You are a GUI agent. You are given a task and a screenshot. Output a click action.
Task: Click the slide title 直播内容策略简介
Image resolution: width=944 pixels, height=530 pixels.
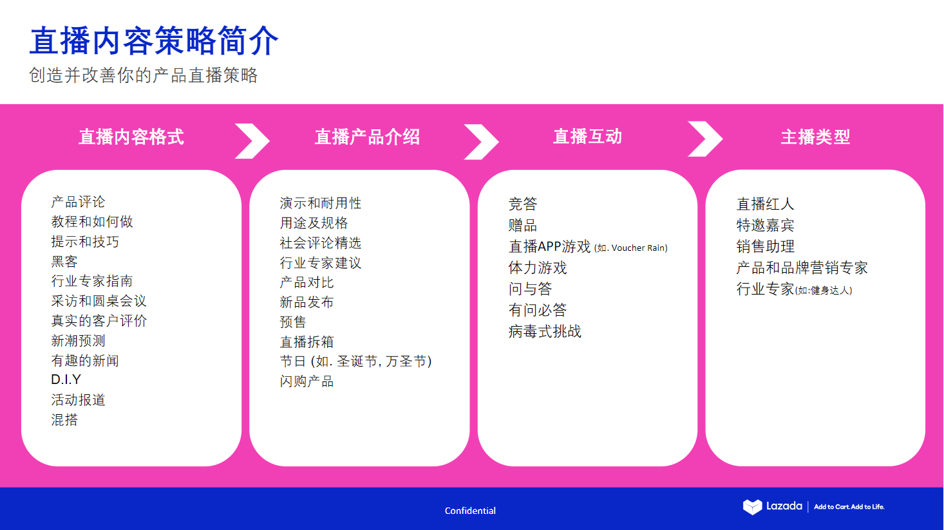tap(154, 41)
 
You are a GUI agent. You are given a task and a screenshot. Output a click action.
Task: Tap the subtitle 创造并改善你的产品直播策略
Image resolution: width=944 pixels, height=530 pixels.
tap(143, 75)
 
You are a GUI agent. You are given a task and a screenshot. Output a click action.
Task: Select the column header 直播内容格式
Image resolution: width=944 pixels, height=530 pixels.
tap(131, 137)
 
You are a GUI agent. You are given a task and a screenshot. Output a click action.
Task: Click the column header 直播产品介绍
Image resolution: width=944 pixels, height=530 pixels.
tap(367, 137)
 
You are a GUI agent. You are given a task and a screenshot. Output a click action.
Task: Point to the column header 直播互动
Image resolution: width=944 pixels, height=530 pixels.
tap(587, 136)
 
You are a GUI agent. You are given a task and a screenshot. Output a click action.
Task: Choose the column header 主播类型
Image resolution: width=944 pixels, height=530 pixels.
tap(815, 137)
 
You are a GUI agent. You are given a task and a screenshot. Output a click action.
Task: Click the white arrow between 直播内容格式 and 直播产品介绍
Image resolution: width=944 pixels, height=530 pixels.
tap(252, 140)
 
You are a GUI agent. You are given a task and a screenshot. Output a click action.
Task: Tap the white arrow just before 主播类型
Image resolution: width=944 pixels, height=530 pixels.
tap(705, 138)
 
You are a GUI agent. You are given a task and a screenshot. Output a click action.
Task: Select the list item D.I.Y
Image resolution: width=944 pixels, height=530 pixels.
tap(66, 379)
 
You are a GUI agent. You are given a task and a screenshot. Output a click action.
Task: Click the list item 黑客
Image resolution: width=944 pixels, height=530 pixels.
tap(64, 262)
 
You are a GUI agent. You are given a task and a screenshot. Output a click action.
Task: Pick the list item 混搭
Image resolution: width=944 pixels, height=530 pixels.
tap(64, 420)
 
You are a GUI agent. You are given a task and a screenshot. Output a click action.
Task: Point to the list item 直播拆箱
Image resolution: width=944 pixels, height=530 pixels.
tap(307, 342)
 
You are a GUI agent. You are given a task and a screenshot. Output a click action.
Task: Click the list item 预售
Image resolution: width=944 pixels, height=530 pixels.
tap(293, 322)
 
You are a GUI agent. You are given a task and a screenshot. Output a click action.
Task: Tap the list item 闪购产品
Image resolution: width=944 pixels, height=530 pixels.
tap(307, 381)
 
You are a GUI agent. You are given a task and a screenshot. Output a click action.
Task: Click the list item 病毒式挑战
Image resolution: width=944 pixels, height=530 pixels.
tap(545, 331)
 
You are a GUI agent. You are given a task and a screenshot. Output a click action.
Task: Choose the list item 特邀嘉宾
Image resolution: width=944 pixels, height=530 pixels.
tap(765, 225)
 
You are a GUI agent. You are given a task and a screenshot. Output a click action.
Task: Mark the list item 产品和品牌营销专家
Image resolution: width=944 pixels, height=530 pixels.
tap(802, 268)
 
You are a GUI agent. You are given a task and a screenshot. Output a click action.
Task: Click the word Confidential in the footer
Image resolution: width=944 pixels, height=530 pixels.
tap(470, 511)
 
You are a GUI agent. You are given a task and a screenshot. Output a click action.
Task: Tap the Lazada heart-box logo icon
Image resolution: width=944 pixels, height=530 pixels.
tap(752, 507)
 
